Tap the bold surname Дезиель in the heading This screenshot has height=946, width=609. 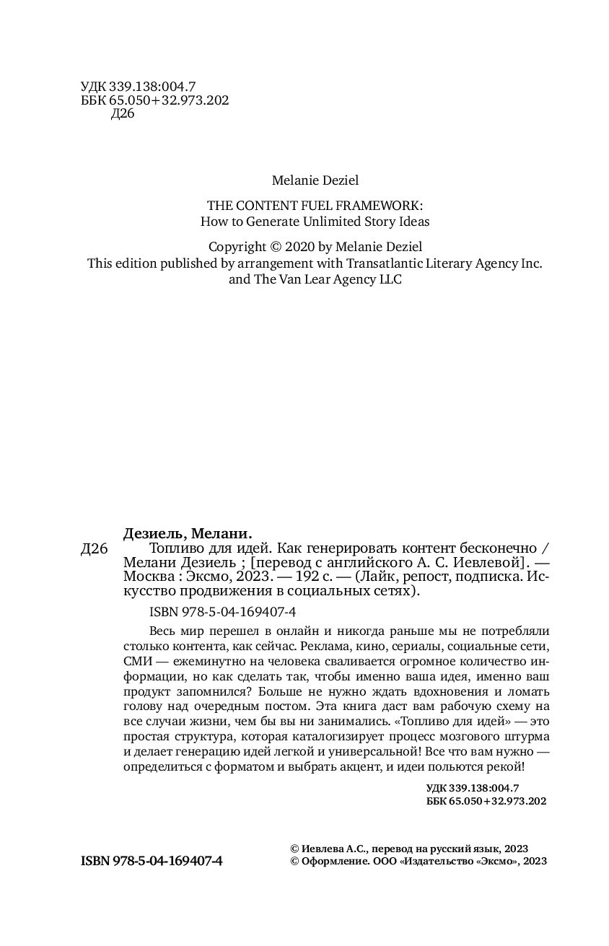[x=157, y=535]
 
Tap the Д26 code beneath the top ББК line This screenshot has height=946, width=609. [x=123, y=115]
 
